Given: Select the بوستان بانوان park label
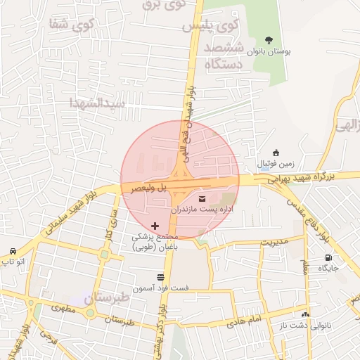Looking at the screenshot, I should point(269,51).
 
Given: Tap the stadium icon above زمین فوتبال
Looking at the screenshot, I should point(276,153).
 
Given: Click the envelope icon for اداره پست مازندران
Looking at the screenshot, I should point(202,198).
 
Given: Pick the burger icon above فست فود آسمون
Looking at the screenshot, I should point(161,277).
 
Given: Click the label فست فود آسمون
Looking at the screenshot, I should point(162,288).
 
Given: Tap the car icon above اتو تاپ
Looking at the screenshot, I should point(13,252).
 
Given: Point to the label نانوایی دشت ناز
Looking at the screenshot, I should point(305,324).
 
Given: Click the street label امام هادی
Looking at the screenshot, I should point(244,321).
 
